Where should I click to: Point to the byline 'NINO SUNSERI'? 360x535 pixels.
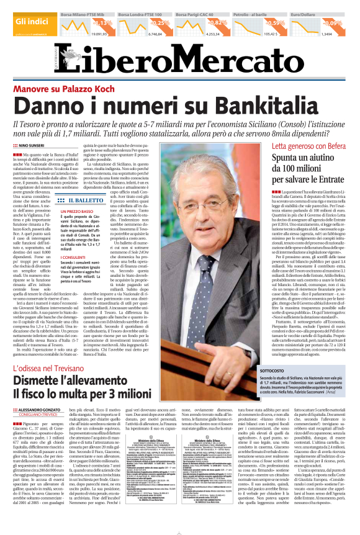click(36, 145)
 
